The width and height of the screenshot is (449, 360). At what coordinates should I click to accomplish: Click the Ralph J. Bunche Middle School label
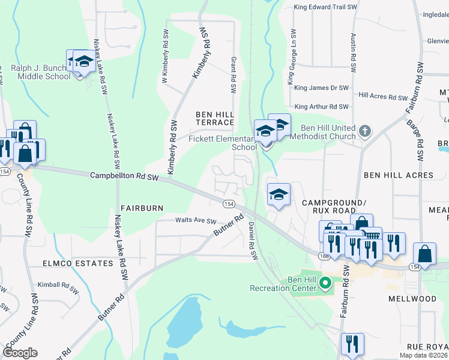coord(40,72)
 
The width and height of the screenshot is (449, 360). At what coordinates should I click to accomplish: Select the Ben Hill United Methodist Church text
coord(328,132)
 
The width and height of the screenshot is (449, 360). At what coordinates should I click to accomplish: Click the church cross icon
coord(364,130)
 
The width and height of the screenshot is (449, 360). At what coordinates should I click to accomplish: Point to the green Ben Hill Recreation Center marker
coord(325,281)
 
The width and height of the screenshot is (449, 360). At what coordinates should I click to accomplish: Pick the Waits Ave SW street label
coord(195,221)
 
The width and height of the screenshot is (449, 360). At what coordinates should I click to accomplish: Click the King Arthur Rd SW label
coord(321,107)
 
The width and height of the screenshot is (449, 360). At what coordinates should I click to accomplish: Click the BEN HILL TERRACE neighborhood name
coord(214,118)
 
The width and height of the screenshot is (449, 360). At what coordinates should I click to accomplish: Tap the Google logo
coord(20,353)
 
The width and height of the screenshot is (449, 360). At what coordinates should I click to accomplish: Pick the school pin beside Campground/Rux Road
coord(279,195)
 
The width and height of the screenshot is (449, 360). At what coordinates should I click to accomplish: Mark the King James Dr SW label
coord(321,88)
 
